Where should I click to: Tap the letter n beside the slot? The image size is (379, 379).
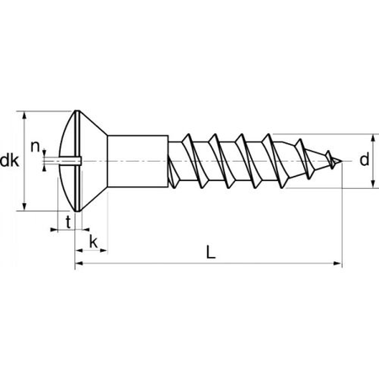tap(35, 147)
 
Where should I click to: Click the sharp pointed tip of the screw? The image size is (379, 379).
tap(341, 160)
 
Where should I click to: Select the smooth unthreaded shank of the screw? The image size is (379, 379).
tap(139, 159)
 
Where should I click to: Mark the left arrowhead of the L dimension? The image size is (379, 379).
tap(79, 264)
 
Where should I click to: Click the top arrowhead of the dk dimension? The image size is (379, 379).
tap(26, 114)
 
